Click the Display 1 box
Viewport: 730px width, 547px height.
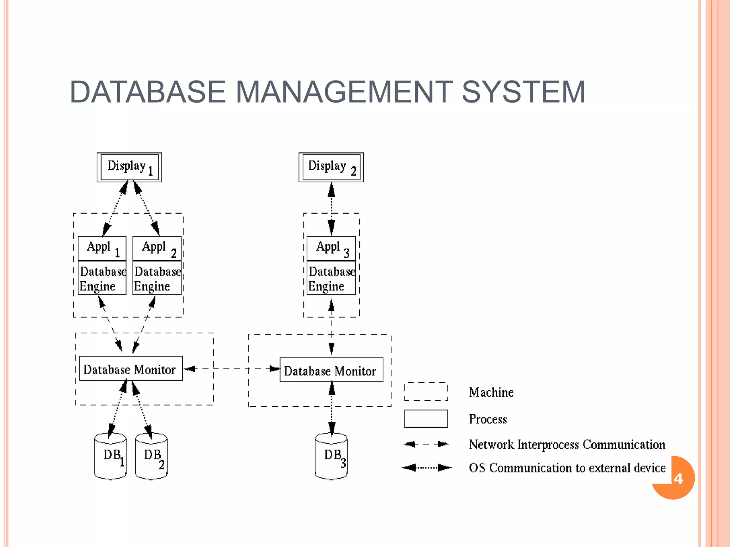click(129, 167)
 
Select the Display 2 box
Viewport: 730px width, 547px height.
click(331, 167)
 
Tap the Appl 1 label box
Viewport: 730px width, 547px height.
click(102, 248)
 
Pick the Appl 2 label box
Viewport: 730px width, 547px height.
click(157, 248)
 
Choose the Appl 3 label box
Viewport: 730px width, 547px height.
click(331, 248)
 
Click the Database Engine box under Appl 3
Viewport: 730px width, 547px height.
click(331, 278)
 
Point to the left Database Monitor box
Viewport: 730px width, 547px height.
click(131, 369)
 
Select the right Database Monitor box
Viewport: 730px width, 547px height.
click(331, 370)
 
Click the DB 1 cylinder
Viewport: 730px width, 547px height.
click(110, 457)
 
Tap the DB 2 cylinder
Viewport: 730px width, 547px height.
click(151, 457)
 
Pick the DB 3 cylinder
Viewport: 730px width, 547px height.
click(331, 457)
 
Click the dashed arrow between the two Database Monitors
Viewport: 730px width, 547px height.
click(232, 369)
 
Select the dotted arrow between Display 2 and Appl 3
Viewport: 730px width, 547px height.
click(331, 208)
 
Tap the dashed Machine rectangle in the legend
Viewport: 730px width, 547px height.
click(426, 392)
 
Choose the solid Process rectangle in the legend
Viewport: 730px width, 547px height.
click(426, 418)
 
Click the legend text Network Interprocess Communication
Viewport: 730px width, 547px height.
click(567, 444)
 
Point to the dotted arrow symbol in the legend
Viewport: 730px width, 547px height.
click(426, 468)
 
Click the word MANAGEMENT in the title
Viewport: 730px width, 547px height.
click(344, 92)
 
